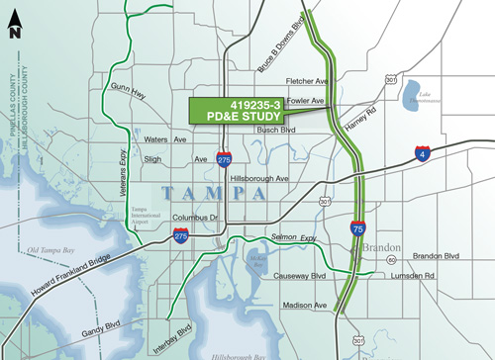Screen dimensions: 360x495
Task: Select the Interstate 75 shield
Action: coord(356,226)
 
